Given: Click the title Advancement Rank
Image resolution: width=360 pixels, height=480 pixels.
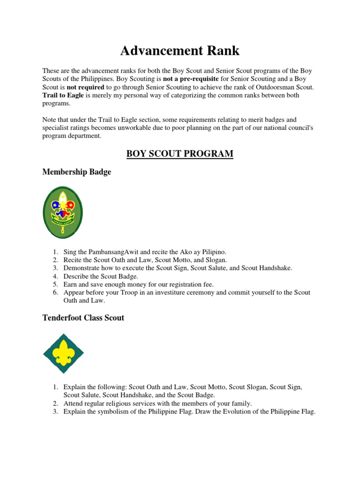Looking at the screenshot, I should (180, 50).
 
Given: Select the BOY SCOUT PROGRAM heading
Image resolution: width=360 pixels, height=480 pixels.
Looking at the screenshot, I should (180, 153).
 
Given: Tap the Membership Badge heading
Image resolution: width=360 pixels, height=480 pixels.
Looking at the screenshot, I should (77, 172).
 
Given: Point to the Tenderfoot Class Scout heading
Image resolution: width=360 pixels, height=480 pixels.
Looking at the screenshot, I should (83, 317).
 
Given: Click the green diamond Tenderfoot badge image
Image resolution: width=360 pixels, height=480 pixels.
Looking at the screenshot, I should (63, 353).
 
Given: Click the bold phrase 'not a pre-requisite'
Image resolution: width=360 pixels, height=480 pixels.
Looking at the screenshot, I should (191, 79).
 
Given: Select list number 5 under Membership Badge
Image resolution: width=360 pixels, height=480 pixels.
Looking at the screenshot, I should (55, 284).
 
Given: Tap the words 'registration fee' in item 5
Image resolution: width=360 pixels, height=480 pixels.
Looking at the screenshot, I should (191, 284).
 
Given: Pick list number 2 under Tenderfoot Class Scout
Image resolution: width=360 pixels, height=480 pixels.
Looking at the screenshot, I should (55, 403).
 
